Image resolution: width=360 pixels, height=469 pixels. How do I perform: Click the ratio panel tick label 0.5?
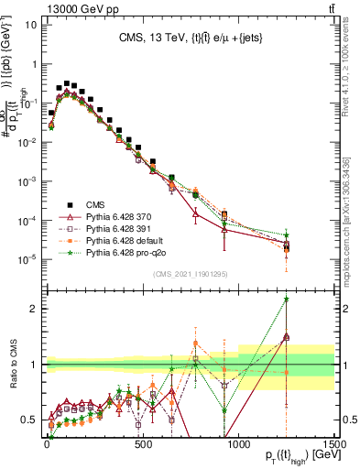coord(30,420)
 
